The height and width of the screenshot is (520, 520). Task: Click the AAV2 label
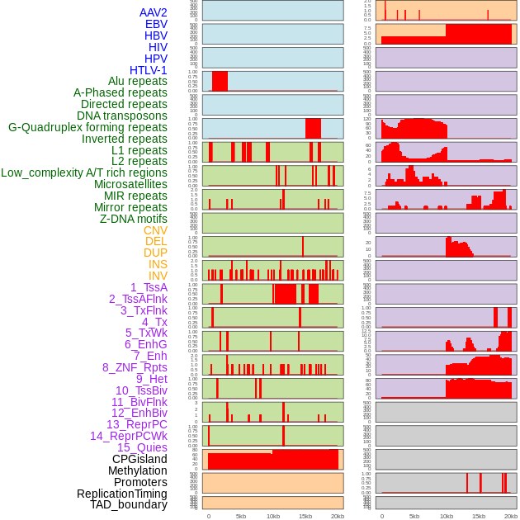point(153,12)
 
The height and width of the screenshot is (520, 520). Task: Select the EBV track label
point(156,24)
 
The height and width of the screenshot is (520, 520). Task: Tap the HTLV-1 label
point(149,70)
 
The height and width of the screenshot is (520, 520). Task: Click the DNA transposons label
point(122,116)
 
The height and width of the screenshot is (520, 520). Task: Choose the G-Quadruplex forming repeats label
point(87,127)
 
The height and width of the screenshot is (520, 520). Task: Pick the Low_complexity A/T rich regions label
point(84,173)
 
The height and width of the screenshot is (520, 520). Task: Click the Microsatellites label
point(130,184)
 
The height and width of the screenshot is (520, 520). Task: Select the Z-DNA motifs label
point(134,219)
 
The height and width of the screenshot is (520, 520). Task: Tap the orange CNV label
point(155,230)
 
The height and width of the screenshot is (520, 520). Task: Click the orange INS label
point(158,264)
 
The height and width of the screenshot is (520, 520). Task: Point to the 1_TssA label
point(149,287)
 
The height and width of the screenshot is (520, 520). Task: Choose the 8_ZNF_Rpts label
point(135,367)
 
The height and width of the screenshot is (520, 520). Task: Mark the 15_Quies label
point(141,447)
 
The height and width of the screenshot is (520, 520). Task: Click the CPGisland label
point(139,459)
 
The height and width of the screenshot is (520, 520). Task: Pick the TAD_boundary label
point(129,504)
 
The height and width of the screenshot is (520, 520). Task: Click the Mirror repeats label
point(130,207)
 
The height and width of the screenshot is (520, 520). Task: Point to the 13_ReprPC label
point(136,424)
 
